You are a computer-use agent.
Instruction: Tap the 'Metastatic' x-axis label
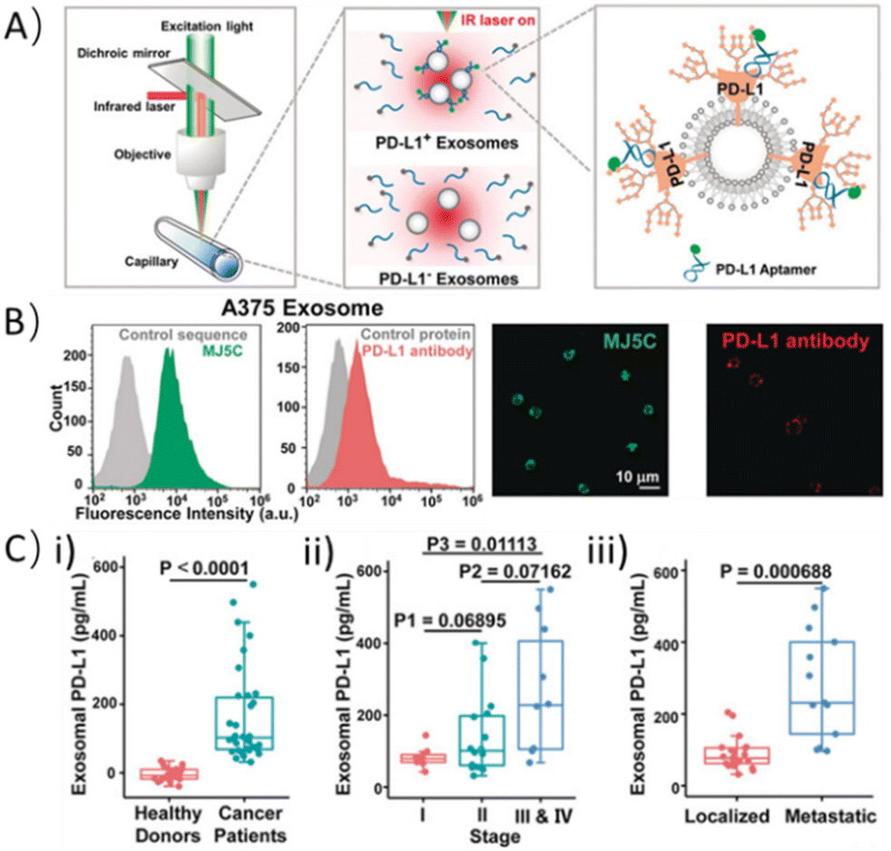[830, 817]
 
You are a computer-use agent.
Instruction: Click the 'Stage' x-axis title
[493, 834]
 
